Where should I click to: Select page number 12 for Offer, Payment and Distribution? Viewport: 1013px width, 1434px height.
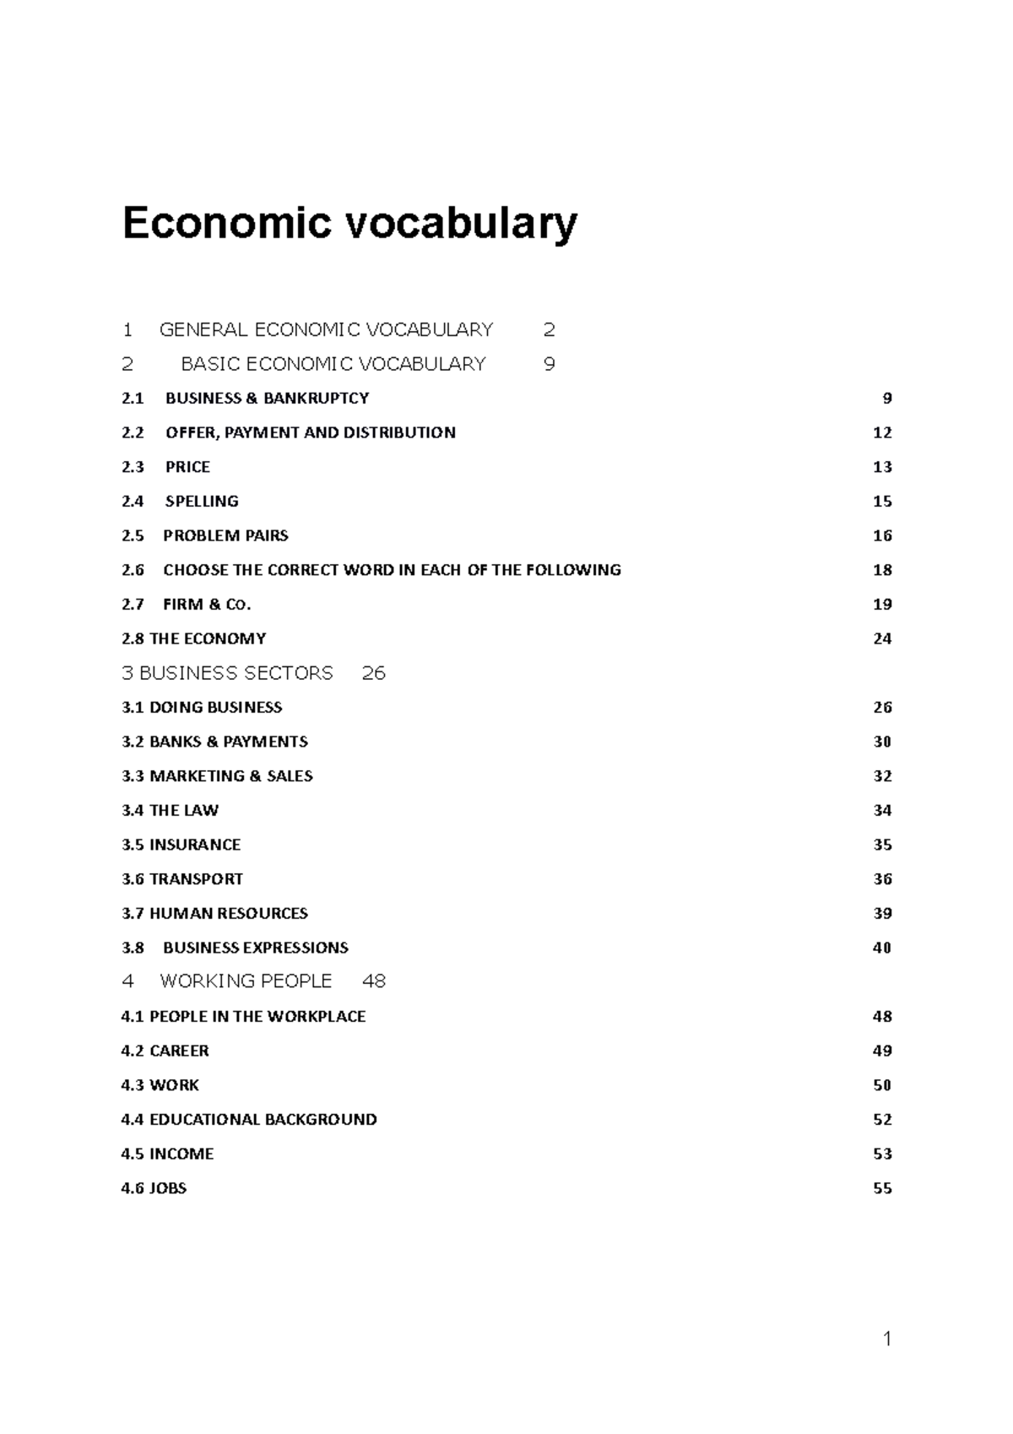pyautogui.click(x=882, y=433)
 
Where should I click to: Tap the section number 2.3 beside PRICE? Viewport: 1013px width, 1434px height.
pyautogui.click(x=133, y=467)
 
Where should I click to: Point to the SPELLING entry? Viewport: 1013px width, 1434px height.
pyautogui.click(x=202, y=502)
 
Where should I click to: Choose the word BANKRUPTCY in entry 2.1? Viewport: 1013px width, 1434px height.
pyautogui.click(x=316, y=399)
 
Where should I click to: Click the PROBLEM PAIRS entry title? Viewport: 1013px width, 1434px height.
pyautogui.click(x=225, y=536)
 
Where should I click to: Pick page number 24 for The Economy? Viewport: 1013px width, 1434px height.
pyautogui.click(x=882, y=639)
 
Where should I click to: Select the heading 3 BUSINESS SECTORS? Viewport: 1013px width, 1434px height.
pyautogui.click(x=228, y=673)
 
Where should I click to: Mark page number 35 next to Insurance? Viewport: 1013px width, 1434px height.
pyautogui.click(x=882, y=845)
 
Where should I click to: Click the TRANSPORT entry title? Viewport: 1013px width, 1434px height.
pyautogui.click(x=196, y=879)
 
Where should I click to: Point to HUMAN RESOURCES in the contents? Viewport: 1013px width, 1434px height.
pyautogui.click(x=228, y=914)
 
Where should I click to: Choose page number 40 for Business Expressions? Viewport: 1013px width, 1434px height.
pyautogui.click(x=882, y=948)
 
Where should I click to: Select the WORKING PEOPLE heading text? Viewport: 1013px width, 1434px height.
pyautogui.click(x=246, y=981)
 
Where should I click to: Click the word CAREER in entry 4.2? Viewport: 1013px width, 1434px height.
pyautogui.click(x=179, y=1051)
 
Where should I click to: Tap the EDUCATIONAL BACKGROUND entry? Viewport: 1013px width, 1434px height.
pyautogui.click(x=263, y=1120)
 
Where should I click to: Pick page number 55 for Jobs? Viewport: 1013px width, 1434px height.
pyautogui.click(x=882, y=1189)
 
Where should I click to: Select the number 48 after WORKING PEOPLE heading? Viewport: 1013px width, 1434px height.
pyautogui.click(x=373, y=981)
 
